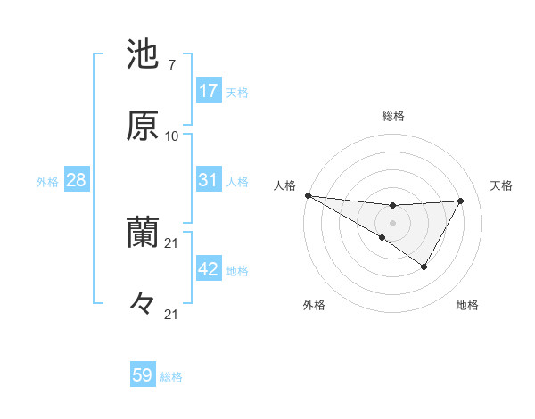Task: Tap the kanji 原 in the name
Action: click(x=142, y=126)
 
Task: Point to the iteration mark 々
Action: click(x=142, y=304)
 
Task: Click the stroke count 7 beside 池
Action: click(x=171, y=65)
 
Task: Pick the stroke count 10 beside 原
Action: click(x=172, y=136)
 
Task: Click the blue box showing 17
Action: click(x=208, y=91)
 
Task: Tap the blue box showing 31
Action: click(x=208, y=180)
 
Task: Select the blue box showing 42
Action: click(x=208, y=269)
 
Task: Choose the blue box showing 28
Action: click(x=76, y=180)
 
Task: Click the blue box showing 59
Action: click(x=142, y=375)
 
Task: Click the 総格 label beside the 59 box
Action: click(x=171, y=377)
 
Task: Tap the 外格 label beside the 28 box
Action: click(x=47, y=182)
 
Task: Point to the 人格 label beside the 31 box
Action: click(x=237, y=182)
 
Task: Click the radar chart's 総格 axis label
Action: click(x=392, y=116)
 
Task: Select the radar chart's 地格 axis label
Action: click(x=467, y=305)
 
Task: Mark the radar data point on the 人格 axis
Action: click(x=308, y=195)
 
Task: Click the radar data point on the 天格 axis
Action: click(x=461, y=201)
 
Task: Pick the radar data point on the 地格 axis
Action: click(x=424, y=267)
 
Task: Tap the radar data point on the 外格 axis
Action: click(x=383, y=237)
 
